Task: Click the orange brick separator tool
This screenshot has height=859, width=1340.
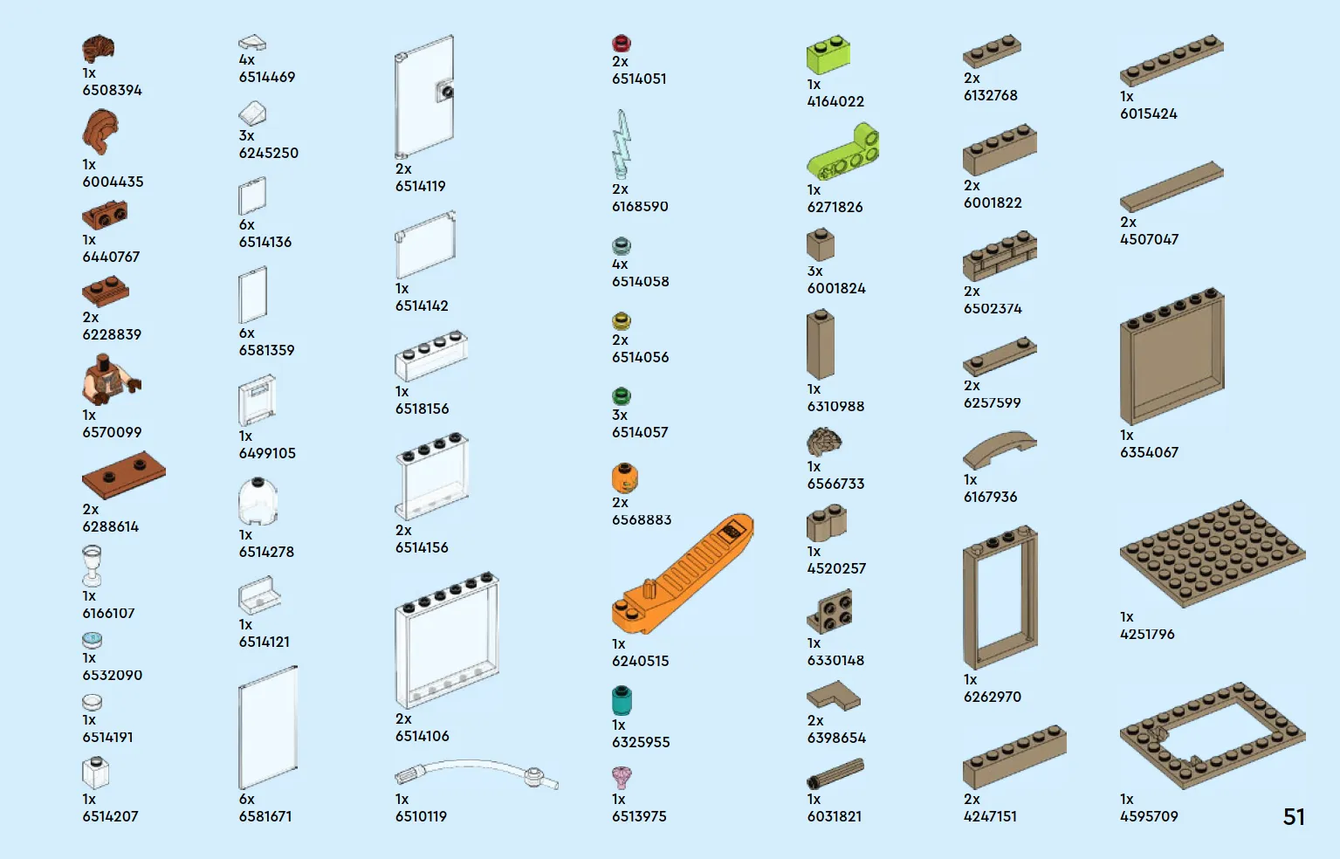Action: click(x=682, y=574)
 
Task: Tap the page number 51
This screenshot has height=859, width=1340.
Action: click(x=1294, y=817)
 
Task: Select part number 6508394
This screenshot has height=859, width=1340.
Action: click(x=112, y=90)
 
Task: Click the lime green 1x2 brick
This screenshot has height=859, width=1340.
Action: click(x=828, y=55)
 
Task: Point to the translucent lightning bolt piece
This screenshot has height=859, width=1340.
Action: click(x=622, y=144)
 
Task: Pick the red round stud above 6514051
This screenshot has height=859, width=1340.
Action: click(x=622, y=43)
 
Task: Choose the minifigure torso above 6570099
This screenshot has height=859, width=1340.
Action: click(x=111, y=379)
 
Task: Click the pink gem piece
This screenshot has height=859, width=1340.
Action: click(x=622, y=778)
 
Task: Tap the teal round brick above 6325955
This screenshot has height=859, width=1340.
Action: click(x=622, y=700)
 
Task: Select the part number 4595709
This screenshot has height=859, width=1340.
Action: click(x=1149, y=816)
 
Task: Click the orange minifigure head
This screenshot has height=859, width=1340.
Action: click(x=624, y=478)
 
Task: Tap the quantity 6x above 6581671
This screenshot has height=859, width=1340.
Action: click(x=246, y=799)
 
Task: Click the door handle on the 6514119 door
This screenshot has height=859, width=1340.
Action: click(x=446, y=92)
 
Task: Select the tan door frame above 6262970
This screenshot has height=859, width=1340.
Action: click(x=1000, y=597)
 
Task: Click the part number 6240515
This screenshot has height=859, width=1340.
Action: click(x=640, y=661)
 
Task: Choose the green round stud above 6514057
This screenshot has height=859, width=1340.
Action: click(x=622, y=396)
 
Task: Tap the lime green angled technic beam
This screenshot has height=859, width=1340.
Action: click(x=843, y=153)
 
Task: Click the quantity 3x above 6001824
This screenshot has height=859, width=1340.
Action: click(x=814, y=271)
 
